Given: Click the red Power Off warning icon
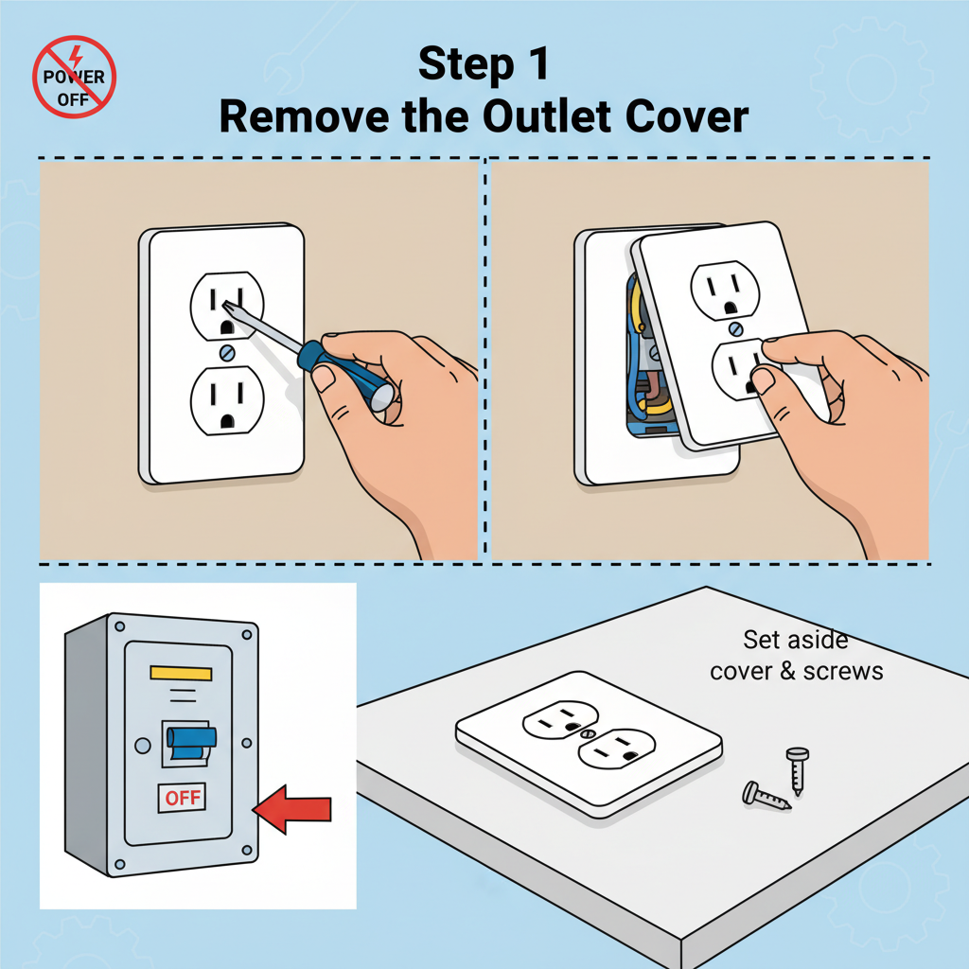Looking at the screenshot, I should [74, 76].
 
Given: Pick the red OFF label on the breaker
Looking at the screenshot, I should [183, 798].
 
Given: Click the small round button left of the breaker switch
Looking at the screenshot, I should [143, 747].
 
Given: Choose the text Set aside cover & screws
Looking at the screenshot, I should [796, 655].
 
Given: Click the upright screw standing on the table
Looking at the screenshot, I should [795, 769].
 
